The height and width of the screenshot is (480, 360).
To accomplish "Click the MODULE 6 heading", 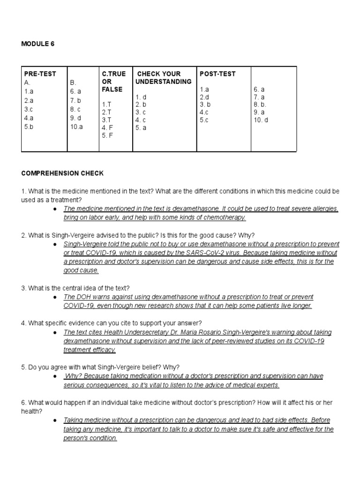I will pyautogui.click(x=38, y=44).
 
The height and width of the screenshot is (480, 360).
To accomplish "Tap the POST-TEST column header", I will pyautogui.click(x=217, y=74).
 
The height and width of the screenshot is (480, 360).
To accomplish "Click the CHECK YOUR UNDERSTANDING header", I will pyautogui.click(x=163, y=78).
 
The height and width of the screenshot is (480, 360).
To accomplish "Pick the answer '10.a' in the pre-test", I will pyautogui.click(x=76, y=127).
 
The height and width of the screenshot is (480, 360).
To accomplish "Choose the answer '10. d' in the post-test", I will pyautogui.click(x=261, y=120).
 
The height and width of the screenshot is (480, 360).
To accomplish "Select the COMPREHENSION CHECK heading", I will pyautogui.click(x=62, y=173).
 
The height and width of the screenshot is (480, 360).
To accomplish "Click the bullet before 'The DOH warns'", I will pyautogui.click(x=55, y=297).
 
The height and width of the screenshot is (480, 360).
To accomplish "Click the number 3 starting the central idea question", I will pyautogui.click(x=23, y=288).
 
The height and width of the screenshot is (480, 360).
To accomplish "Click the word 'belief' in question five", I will pyautogui.click(x=150, y=367).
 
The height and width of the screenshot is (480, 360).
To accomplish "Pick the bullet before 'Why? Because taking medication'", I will pyautogui.click(x=55, y=376).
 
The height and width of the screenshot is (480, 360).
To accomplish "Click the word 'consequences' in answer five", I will pyautogui.click(x=100, y=385).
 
